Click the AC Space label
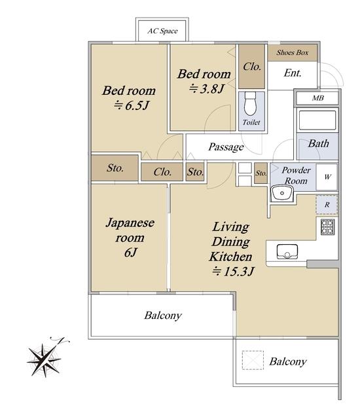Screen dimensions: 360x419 pos(162,31)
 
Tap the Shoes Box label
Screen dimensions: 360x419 pos(293,52)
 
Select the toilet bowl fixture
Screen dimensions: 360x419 pos(250,103)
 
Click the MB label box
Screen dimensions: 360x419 pos(317,98)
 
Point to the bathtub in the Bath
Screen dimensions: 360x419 pos(317,120)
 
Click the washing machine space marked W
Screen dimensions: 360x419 pos(327,177)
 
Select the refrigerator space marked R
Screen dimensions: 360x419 pos(327,205)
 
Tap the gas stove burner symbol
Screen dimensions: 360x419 pos(327,227)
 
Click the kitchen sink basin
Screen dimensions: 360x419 pos(287,251)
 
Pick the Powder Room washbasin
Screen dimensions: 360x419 pos(282,194)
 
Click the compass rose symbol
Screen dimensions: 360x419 pos(45,357)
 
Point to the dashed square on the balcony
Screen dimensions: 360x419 pos(253,360)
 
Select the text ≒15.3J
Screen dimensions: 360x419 pos(233,272)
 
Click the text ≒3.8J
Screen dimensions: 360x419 pos(206,88)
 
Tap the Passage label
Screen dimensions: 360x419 pos(226,147)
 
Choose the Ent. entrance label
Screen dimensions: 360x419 pos(293,73)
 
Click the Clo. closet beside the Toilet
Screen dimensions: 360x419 pos(251,67)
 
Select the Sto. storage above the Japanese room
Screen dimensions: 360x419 pos(115,168)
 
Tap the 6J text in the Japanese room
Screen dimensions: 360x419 pos(131,252)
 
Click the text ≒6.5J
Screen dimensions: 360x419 pos(132,105)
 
